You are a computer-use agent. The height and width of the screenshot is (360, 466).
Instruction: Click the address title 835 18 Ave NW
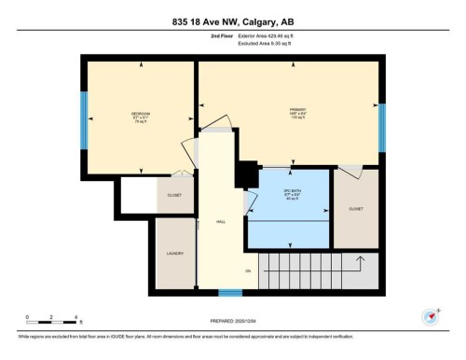(233, 21)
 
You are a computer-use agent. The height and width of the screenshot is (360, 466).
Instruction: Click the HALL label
(221, 222)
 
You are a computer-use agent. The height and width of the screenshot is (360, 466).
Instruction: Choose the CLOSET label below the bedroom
(174, 196)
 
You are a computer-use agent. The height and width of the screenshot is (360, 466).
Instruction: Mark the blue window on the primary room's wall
(381, 120)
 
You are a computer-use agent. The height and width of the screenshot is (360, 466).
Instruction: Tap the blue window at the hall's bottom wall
(230, 293)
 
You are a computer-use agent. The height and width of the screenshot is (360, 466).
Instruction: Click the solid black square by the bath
(247, 174)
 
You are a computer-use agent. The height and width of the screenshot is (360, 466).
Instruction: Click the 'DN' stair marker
(249, 270)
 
